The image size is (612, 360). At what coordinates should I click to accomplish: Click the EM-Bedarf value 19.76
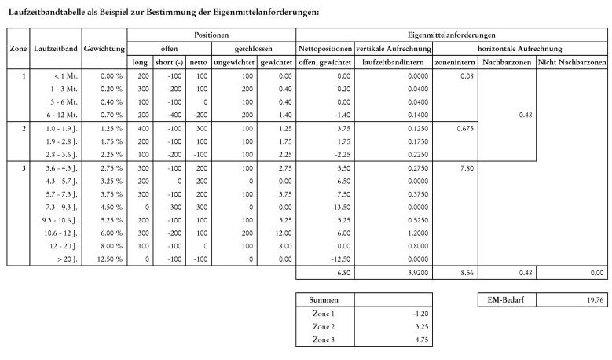click(x=593, y=299)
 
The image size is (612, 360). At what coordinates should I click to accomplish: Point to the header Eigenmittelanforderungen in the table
click(x=452, y=36)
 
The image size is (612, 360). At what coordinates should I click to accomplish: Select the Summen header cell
click(x=324, y=299)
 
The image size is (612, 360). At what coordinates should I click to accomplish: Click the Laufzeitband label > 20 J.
click(x=68, y=259)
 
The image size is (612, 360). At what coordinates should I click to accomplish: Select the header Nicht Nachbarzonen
click(x=572, y=62)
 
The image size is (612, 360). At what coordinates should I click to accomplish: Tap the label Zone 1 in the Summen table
click(x=324, y=313)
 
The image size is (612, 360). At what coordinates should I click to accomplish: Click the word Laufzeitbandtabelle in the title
click(x=46, y=12)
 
